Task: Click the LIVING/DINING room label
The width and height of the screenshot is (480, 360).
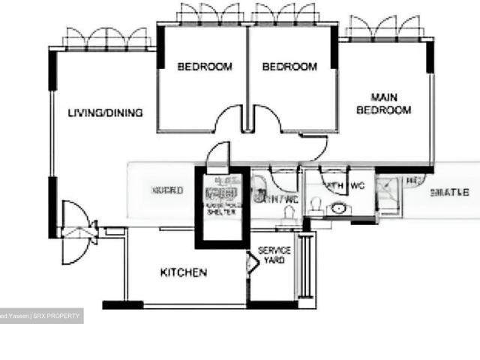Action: point(105,113)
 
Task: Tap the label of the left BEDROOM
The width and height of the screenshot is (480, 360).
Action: point(205,67)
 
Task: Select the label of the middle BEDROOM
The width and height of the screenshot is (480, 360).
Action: point(289,67)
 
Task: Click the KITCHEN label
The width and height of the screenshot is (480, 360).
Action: point(184,273)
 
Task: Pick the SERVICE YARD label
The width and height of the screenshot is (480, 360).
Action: point(274,255)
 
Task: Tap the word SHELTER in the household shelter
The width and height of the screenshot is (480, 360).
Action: point(220,212)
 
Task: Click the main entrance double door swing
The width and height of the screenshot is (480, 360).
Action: point(77,226)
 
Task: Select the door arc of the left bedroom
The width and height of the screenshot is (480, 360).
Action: point(229,120)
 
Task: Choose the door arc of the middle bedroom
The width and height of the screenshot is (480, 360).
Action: point(266,120)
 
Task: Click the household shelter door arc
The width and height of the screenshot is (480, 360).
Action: point(217,154)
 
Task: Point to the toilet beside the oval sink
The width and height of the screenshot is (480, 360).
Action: point(316,204)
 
